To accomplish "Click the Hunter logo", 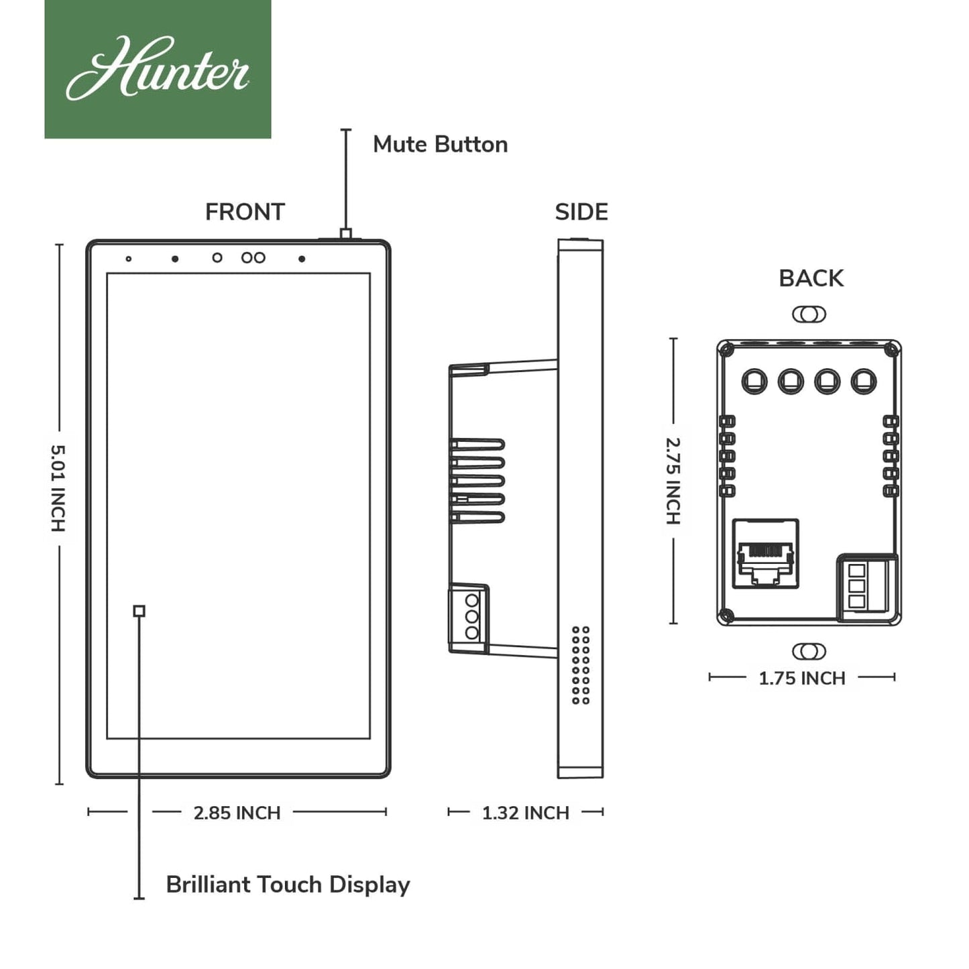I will pos(158,69).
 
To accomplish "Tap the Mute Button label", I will pos(440,144).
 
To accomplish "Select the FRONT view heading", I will pos(245,212).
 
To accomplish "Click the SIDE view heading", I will pos(581,212).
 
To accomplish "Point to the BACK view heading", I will pos(811,278).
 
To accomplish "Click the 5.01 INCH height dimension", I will pos(58,488).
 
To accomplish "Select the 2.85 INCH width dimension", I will pos(237,813).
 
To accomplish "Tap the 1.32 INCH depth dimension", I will pos(525,813).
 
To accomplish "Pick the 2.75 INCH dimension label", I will pos(673,480).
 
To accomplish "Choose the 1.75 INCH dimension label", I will pos(801,678).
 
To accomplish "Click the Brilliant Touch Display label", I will pos(288,885).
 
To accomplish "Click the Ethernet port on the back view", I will pos(765,554).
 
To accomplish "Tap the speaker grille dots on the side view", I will pos(581,665).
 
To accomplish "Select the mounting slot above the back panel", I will pos(809,314).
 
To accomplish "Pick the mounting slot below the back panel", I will pos(809,651).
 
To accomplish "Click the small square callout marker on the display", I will pos(139,611).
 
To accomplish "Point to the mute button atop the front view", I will pos(345,234).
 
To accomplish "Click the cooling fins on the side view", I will pos(477,480).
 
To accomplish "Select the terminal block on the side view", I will pos(469,616).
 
